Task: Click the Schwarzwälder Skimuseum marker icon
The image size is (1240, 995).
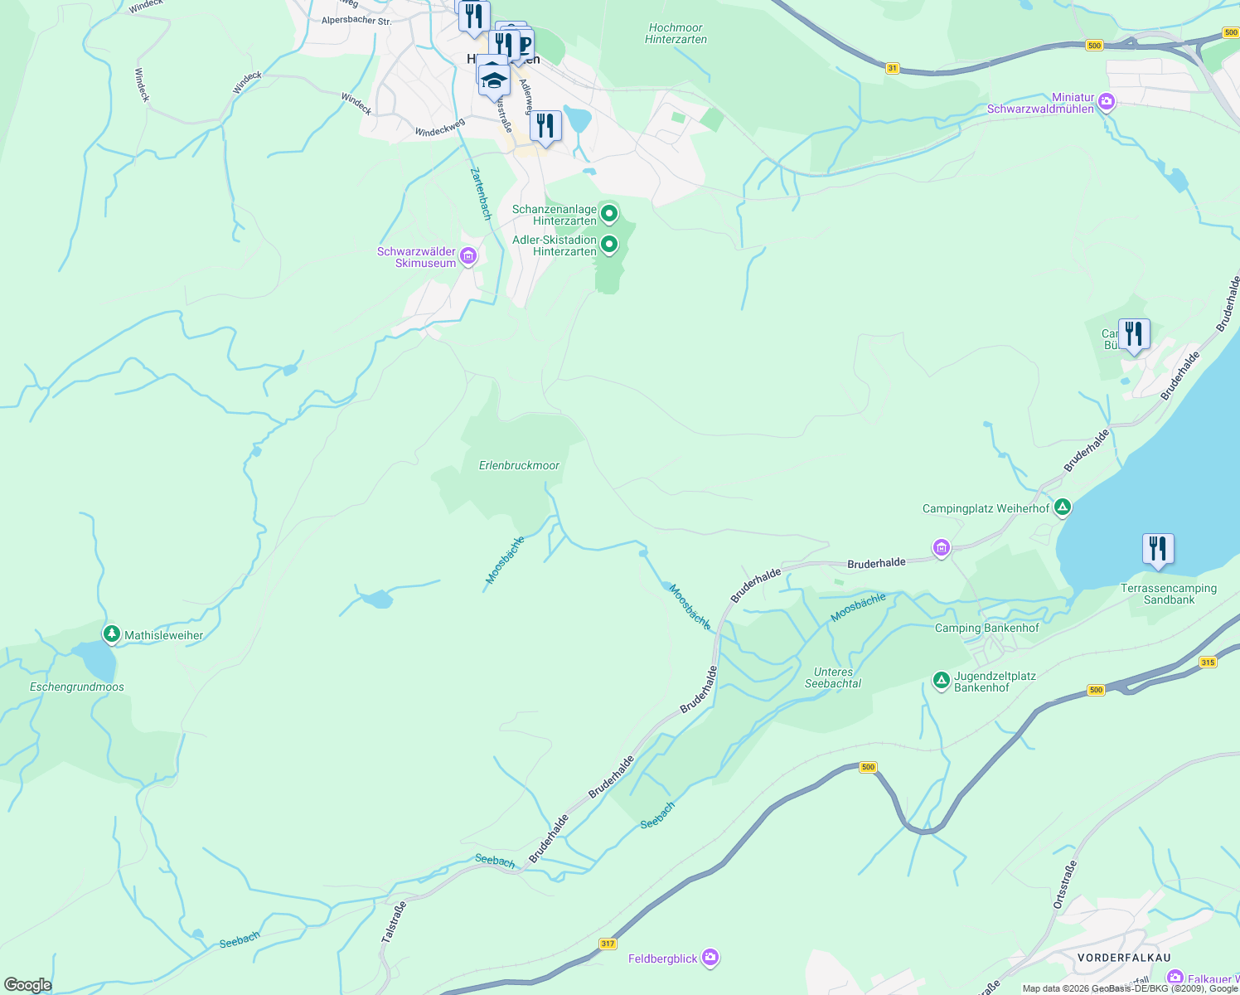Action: point(468,257)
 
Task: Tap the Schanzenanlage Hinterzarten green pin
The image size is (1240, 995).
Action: point(609,215)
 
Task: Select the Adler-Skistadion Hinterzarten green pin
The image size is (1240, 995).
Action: point(609,245)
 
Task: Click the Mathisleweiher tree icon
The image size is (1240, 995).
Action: point(112,634)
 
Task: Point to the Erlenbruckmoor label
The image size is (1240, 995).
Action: point(519,465)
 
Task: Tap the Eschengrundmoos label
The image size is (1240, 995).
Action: point(77,687)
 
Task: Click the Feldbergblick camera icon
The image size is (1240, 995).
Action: point(710,959)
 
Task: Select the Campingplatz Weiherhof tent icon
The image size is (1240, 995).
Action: point(1063,507)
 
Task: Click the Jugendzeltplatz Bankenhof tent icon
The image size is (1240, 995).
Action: point(941,681)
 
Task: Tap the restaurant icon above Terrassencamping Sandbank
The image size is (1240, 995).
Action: point(1158,549)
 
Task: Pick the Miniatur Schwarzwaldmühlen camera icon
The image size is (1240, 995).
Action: point(1107,102)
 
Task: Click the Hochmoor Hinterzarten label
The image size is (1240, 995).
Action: point(676,33)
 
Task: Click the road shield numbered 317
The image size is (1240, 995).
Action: point(608,944)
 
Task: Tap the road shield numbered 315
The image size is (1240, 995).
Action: point(1208,662)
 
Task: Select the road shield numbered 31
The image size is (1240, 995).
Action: point(892,68)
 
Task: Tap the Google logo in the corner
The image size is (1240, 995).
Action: point(28,985)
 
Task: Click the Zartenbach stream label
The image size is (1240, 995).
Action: point(481,194)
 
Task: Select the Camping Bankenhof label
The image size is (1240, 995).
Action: point(986,628)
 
